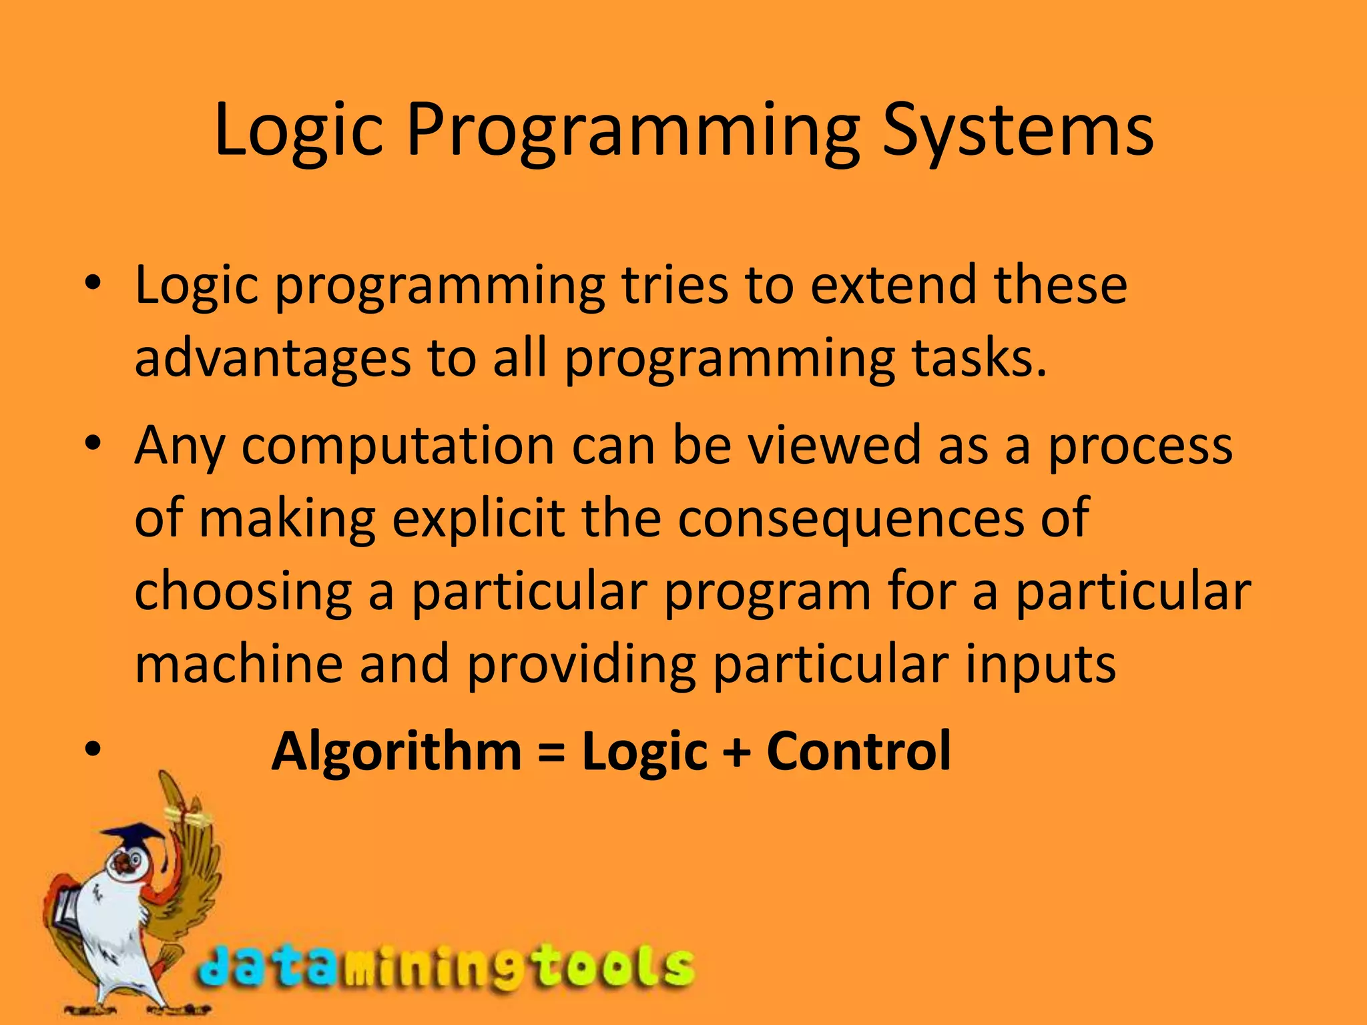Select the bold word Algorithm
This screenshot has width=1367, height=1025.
pyautogui.click(x=396, y=751)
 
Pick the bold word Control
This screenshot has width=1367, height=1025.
pyautogui.click(x=858, y=751)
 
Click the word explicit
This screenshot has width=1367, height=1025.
pyautogui.click(x=478, y=519)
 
